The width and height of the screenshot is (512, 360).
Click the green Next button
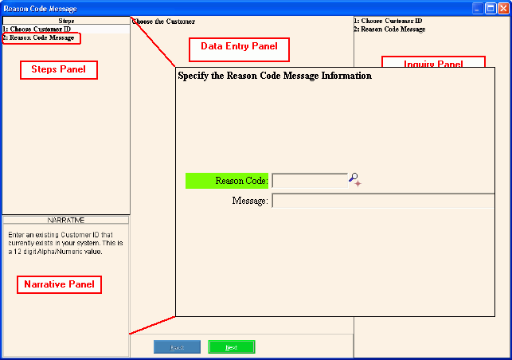point(231,347)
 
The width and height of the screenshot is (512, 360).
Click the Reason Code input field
point(310,181)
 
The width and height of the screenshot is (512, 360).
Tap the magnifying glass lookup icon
point(355,181)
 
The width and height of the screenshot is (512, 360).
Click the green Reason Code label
point(228,181)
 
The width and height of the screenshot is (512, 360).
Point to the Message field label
point(249,201)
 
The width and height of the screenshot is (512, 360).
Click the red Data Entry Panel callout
point(239,50)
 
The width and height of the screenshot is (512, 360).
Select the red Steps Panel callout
point(58,70)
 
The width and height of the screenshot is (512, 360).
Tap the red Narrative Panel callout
point(58,284)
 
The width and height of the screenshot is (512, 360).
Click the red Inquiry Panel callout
point(433,63)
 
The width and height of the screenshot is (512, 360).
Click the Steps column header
point(66,21)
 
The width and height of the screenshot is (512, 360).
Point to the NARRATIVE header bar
point(66,219)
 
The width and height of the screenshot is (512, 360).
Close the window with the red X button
point(503,7)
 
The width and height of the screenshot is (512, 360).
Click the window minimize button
point(478,7)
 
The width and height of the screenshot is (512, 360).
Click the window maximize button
point(491,7)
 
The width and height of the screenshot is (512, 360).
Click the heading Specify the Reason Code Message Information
point(274,76)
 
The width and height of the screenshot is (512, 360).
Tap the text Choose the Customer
point(163,22)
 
